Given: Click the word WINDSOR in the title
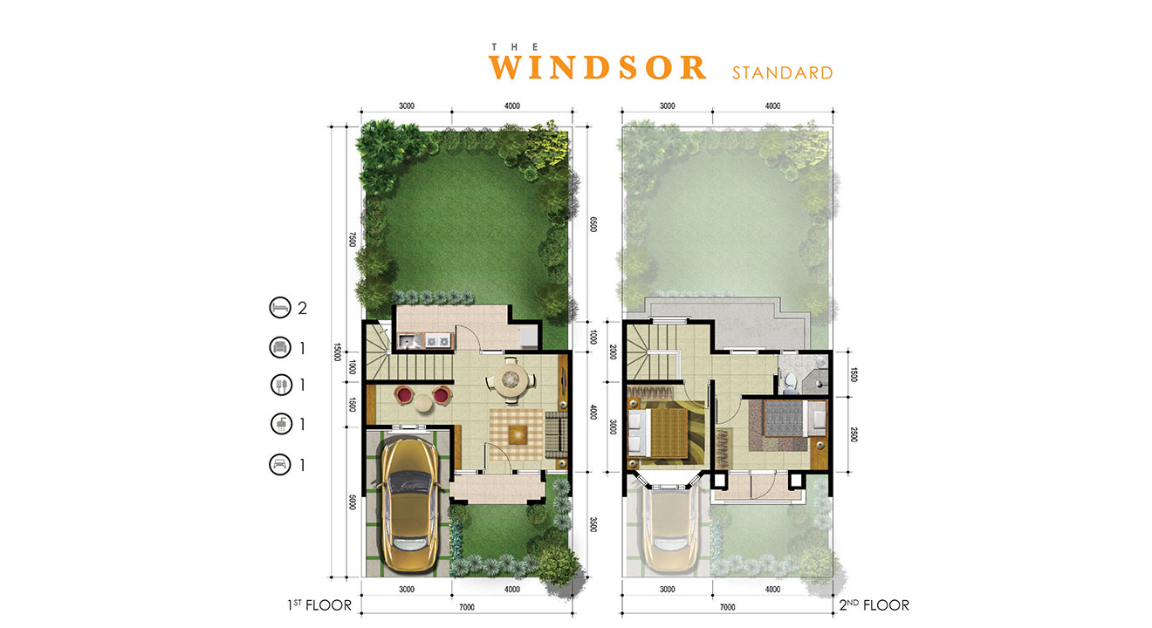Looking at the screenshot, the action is click(x=598, y=67).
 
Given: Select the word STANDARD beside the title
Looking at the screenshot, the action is click(x=782, y=73).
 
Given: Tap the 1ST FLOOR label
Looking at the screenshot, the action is click(x=319, y=604).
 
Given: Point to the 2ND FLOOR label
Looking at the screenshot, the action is click(x=874, y=604).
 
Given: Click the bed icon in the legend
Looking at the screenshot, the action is click(x=280, y=308).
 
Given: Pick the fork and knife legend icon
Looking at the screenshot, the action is click(x=281, y=385).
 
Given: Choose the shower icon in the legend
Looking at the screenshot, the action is click(x=281, y=424).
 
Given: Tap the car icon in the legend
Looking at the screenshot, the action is click(x=280, y=465).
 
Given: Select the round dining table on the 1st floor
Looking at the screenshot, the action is click(x=511, y=379).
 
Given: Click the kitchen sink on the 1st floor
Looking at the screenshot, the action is click(x=409, y=340).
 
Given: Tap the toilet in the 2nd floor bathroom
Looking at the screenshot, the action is click(x=790, y=381).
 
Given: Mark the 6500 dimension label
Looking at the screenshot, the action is click(x=593, y=224).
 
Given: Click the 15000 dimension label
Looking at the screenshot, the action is click(x=338, y=352).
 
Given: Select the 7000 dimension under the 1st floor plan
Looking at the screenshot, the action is click(x=466, y=607).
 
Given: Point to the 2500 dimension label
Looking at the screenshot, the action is click(x=854, y=434).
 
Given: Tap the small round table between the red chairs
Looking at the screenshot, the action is click(x=423, y=403).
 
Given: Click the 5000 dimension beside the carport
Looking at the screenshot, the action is click(x=353, y=502).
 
